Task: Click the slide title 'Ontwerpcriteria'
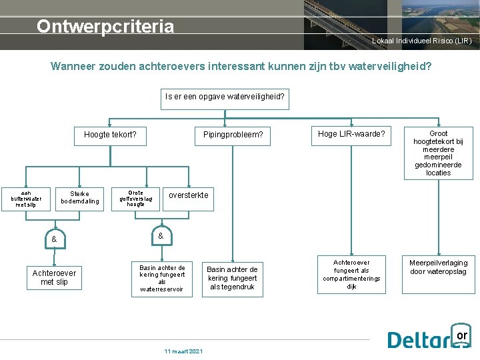pyautogui.click(x=105, y=27)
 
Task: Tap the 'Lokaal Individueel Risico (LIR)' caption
pyautogui.click(x=421, y=41)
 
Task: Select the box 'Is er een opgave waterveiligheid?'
pyautogui.click(x=225, y=97)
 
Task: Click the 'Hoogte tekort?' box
pyautogui.click(x=110, y=135)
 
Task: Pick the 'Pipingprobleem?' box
pyautogui.click(x=233, y=135)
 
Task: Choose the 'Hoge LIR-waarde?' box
pyautogui.click(x=351, y=134)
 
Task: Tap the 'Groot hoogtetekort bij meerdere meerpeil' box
pyautogui.click(x=438, y=153)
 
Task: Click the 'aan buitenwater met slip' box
pyautogui.click(x=26, y=198)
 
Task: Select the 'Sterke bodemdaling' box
pyautogui.click(x=79, y=198)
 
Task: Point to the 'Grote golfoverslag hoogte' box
pyautogui.click(x=135, y=198)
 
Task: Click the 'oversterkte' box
pyautogui.click(x=188, y=195)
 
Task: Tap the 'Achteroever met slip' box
pyautogui.click(x=54, y=277)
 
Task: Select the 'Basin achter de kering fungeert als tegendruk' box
pyautogui.click(x=232, y=278)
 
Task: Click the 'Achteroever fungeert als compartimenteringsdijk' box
pyautogui.click(x=351, y=274)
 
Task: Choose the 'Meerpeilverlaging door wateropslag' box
pyautogui.click(x=438, y=267)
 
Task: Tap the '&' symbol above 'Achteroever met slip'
pyautogui.click(x=54, y=239)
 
